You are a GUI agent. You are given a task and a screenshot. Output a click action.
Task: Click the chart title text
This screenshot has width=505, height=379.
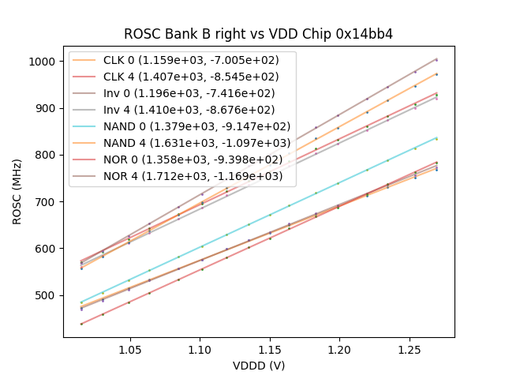[x=258, y=34]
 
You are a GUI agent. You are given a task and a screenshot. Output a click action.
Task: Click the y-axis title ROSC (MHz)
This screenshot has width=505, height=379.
[x=18, y=192]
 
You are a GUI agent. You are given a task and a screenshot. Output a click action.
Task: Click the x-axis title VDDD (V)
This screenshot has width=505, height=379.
[x=258, y=366]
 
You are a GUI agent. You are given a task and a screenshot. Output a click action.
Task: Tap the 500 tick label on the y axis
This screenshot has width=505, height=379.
[x=46, y=295]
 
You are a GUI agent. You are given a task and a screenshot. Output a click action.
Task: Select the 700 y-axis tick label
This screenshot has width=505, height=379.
[x=46, y=202]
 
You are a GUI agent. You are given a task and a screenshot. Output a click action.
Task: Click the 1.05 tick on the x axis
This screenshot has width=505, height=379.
[x=130, y=349]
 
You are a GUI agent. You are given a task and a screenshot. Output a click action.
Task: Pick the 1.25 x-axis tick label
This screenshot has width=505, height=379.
[x=409, y=349]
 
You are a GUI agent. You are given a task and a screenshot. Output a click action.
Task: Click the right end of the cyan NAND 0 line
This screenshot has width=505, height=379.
[x=436, y=137]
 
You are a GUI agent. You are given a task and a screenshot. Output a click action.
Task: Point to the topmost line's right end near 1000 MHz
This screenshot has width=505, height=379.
[x=436, y=59]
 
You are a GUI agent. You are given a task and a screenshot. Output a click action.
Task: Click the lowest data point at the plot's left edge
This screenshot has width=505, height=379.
[x=81, y=324]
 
